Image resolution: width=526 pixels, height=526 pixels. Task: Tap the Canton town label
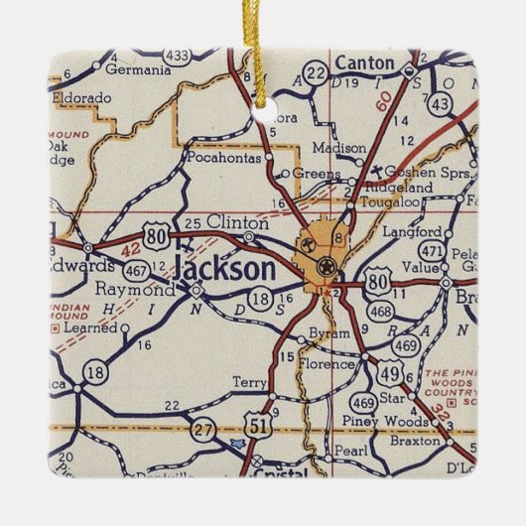(365, 64)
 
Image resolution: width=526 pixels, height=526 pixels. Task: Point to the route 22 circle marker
(316, 73)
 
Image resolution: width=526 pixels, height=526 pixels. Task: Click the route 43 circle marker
(441, 101)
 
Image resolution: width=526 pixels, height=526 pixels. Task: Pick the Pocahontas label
(224, 157)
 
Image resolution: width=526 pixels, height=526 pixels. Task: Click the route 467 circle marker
(138, 269)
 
